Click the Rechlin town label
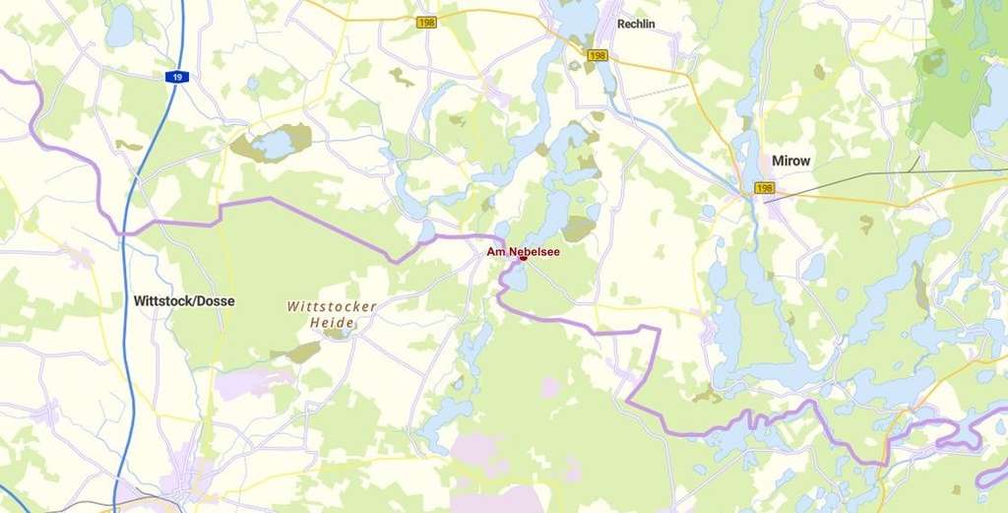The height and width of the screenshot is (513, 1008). coord(635,24)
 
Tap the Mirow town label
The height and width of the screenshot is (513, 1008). coord(792,160)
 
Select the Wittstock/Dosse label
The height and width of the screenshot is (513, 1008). coord(184,301)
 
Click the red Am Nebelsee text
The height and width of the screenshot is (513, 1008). coord(523,251)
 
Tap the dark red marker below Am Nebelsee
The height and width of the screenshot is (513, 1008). coord(524,259)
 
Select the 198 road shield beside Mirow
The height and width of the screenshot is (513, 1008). coord(764,187)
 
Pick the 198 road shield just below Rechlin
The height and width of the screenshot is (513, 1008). coord(597,55)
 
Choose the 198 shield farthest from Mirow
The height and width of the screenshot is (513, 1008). coord(426,22)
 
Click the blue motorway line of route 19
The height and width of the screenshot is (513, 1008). coord(128,295)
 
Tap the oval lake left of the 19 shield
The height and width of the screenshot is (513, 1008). coord(119,27)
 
